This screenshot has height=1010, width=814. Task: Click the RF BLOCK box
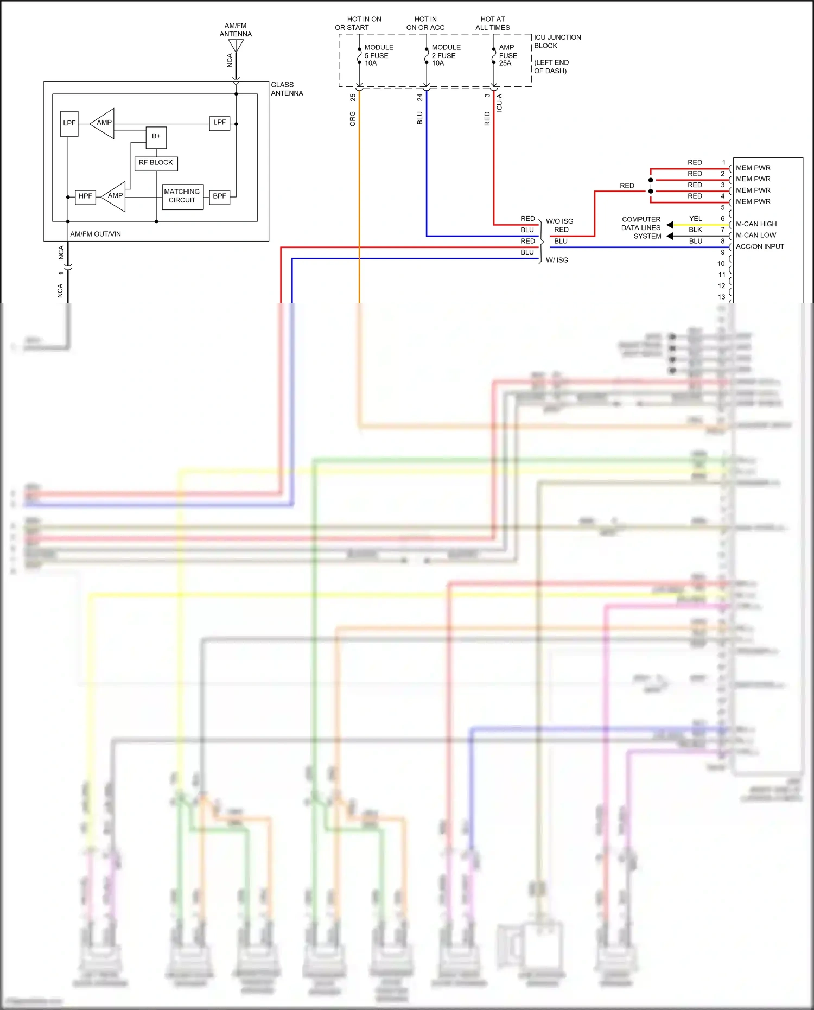156,163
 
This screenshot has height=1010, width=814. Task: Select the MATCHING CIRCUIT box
182,196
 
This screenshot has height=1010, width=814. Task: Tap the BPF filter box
219,196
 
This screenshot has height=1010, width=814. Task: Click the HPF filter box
85,196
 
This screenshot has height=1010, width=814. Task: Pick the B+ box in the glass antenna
156,137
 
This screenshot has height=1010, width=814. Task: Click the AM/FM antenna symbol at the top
236,46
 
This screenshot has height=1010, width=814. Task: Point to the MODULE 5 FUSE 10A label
378,55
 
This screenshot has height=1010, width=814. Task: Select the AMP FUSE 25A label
508,55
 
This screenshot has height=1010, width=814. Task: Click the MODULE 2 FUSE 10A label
446,55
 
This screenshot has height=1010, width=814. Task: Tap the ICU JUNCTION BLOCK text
557,41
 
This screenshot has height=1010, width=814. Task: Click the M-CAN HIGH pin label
756,224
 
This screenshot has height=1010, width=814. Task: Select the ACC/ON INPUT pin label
760,246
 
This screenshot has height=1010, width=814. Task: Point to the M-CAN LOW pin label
755,235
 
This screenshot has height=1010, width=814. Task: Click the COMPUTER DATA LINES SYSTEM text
641,228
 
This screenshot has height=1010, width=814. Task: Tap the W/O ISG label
559,221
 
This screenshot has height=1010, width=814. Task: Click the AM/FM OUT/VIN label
96,234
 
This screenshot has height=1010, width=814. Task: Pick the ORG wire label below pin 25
353,119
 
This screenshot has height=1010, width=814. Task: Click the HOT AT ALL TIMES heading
492,23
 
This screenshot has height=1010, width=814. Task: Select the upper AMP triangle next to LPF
104,123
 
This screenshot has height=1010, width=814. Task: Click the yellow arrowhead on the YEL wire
670,225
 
